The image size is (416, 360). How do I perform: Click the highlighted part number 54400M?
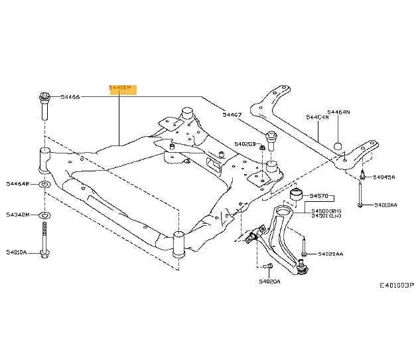point(122,88)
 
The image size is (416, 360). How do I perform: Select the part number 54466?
point(70,98)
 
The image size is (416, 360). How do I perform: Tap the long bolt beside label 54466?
point(44,106)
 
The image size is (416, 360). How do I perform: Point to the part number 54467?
point(232,115)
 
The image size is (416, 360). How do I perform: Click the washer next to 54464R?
point(44,184)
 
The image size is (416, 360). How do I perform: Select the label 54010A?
point(18,252)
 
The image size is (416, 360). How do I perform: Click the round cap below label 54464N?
point(338,146)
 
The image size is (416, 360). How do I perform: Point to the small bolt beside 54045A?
point(363,177)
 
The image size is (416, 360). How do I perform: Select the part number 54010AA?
point(385,205)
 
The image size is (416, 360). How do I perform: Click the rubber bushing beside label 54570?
point(297,195)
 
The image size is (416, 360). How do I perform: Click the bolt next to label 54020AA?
point(303,253)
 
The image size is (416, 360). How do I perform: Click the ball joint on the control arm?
point(303,269)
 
